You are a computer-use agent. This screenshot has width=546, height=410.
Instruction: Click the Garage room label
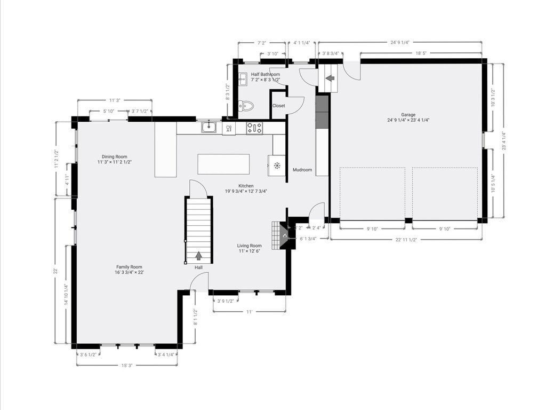408,114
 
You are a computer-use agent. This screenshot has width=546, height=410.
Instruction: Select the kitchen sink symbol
209,128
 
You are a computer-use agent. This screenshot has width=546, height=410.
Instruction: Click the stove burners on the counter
254,128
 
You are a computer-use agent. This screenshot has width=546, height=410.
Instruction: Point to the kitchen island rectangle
223,164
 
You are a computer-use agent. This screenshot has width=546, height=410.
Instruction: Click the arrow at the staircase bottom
199,256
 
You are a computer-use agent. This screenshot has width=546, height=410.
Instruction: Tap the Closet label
279,106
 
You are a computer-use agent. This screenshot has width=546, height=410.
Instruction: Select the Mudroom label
302,170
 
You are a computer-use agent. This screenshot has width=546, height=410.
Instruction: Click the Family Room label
130,267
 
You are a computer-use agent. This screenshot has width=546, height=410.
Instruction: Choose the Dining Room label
114,156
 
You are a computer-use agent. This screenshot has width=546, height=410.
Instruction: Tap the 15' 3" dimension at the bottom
126,365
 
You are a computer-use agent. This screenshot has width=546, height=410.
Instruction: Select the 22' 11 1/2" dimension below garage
406,240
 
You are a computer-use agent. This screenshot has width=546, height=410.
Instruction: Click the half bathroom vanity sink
243,80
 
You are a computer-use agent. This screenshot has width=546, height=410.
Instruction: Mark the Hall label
198,267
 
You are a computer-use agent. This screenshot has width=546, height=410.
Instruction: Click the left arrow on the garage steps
330,78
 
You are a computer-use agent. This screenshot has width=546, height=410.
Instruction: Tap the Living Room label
250,246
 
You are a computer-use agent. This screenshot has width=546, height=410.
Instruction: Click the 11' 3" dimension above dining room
115,100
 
